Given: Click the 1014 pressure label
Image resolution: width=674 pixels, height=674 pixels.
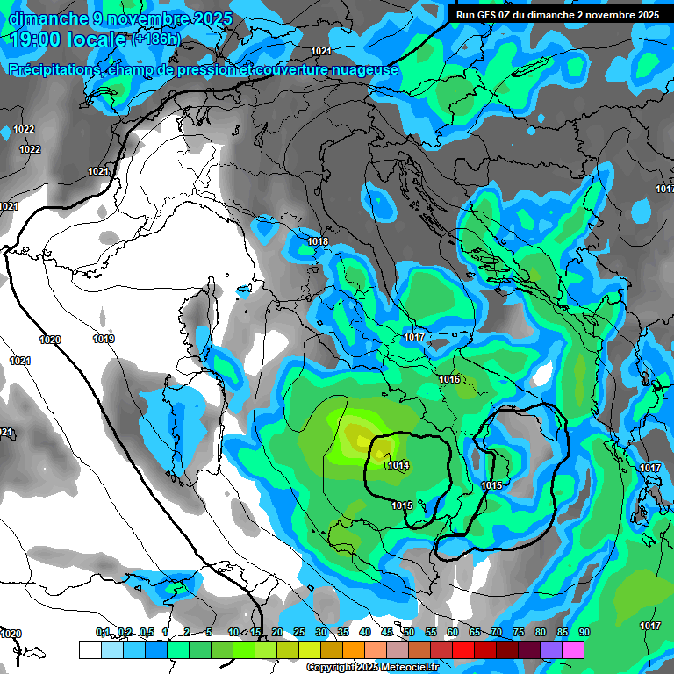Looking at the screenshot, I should click(398, 465).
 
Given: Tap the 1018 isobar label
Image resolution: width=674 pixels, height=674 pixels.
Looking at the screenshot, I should click(318, 241).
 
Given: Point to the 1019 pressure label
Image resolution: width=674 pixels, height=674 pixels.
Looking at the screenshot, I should click(104, 339).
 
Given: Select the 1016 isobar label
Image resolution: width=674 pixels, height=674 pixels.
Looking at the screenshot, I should click(449, 379).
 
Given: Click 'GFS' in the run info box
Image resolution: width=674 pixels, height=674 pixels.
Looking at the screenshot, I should click(494, 15).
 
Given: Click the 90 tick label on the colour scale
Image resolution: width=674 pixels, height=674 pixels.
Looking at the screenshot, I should click(584, 633).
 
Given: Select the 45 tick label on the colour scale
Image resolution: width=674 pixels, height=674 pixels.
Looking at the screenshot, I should click(387, 633).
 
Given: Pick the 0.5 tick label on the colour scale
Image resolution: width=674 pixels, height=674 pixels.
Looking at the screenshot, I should click(146, 633).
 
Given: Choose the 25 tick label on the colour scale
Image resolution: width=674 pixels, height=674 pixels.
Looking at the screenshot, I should click(299, 633).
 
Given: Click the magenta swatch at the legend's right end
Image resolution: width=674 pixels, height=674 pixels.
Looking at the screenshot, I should click(572, 649).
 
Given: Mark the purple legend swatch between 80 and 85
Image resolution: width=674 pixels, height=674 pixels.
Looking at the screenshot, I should click(550, 649).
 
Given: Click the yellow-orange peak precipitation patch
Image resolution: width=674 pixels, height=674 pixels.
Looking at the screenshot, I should click(356, 434).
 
